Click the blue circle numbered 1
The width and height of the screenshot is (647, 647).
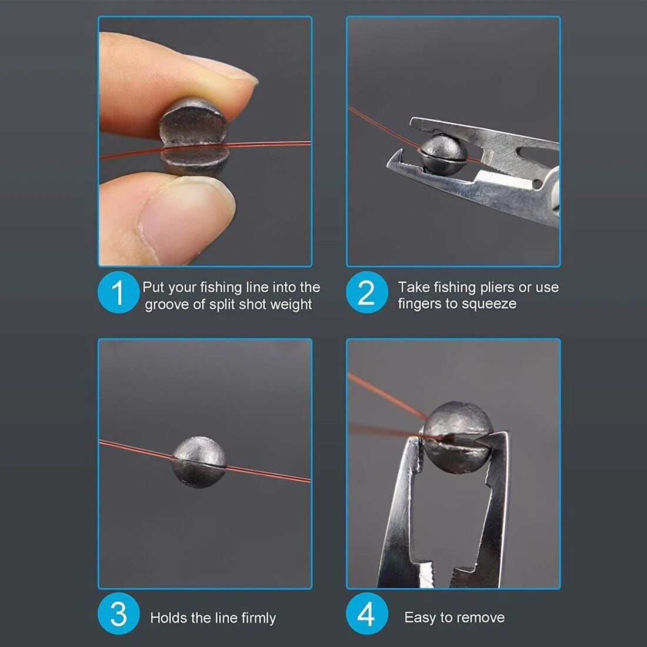pyautogui.click(x=119, y=292)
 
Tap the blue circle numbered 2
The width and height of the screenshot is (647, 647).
pyautogui.click(x=367, y=292)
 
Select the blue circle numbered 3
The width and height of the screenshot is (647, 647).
pyautogui.click(x=119, y=613)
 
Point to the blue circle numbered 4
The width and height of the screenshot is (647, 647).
pyautogui.click(x=367, y=613)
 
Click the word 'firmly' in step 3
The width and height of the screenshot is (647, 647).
pyautogui.click(x=259, y=618)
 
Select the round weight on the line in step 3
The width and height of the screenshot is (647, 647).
pyautogui.click(x=199, y=462)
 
